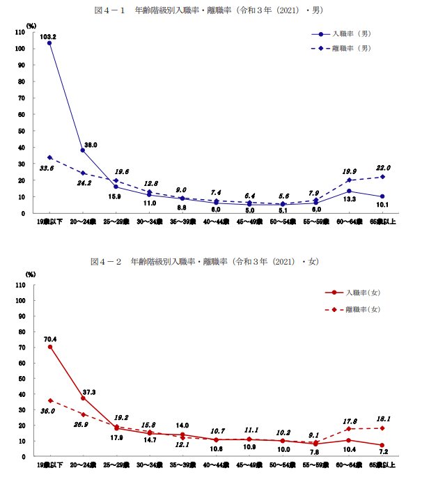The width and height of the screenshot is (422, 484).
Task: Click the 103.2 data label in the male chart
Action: tap(47, 36)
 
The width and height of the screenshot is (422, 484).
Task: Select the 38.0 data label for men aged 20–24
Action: tap(91, 144)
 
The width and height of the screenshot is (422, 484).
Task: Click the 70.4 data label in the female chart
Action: tap(49, 340)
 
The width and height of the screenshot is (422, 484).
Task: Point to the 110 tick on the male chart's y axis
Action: tap(19, 32)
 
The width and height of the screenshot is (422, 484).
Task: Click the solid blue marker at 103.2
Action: tap(49, 43)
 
